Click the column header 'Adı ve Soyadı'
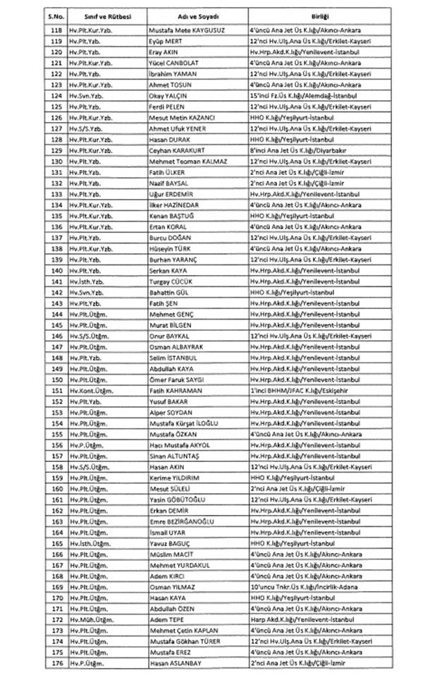(x=190, y=13)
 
